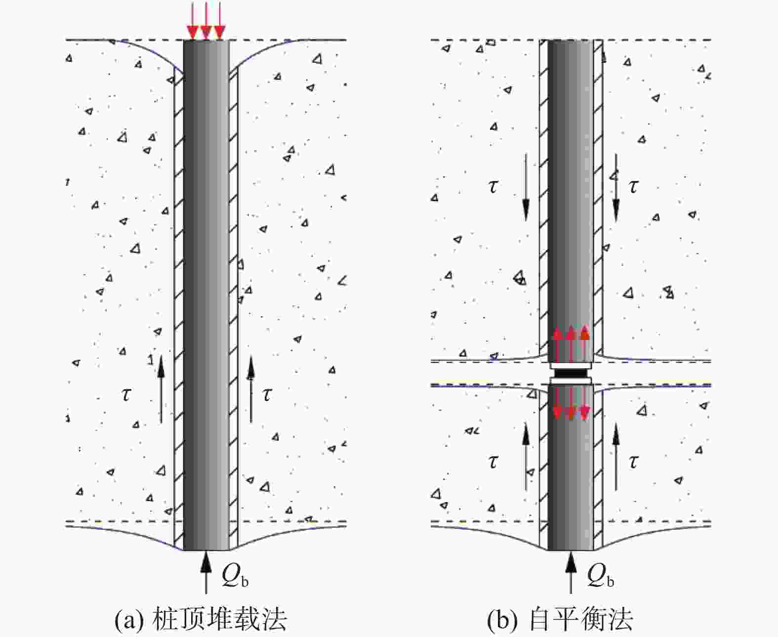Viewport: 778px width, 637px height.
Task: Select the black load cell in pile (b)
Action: (571, 372)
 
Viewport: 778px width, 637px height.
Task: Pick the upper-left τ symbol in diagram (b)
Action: (492, 187)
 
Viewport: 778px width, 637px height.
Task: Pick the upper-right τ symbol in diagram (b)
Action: (633, 187)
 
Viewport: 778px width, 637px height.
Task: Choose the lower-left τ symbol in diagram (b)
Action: (492, 462)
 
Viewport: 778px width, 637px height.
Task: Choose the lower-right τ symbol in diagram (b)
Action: (633, 462)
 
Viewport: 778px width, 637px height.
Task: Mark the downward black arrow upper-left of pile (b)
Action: (526, 188)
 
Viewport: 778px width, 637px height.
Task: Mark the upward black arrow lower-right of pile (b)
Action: (615, 457)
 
